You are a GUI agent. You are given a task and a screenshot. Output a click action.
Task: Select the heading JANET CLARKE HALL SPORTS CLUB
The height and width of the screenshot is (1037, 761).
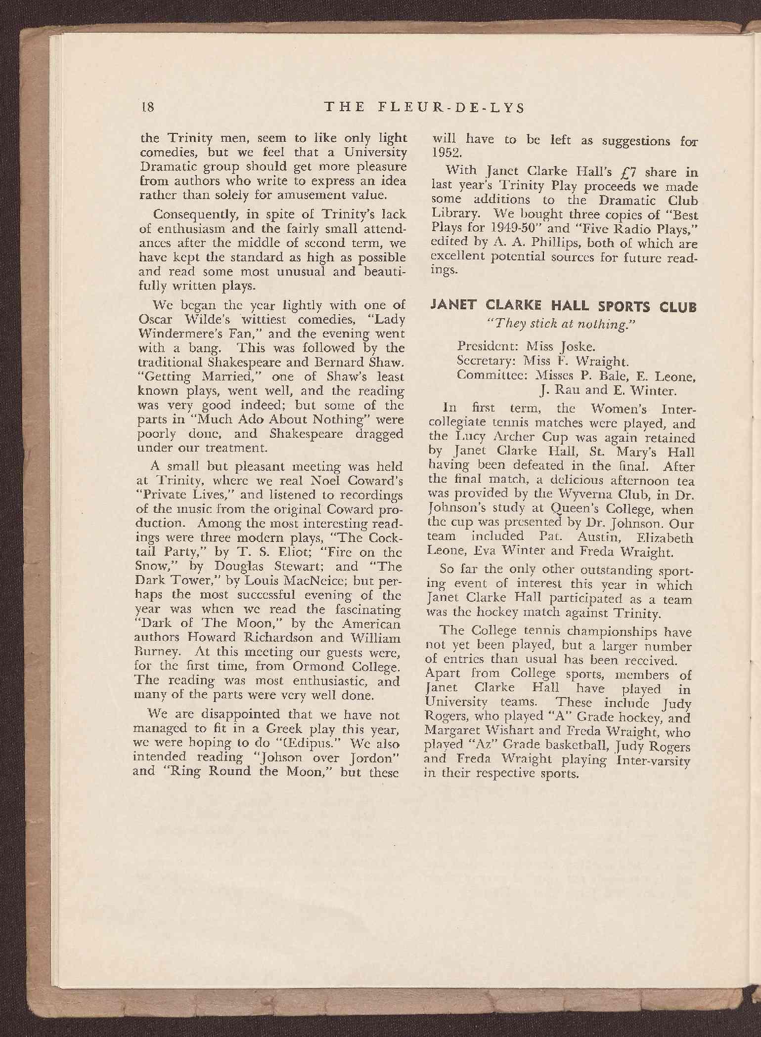564,307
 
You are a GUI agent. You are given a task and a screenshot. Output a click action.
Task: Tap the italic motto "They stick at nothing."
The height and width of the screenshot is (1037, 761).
563,323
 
